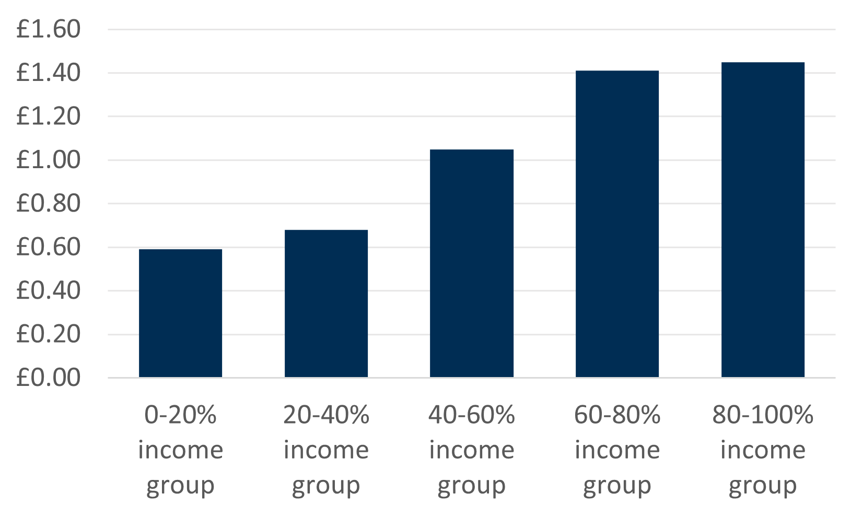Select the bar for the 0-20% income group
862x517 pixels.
point(180,313)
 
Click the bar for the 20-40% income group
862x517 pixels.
point(326,303)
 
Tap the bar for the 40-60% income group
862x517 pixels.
point(472,263)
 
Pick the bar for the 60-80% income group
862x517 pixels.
point(617,224)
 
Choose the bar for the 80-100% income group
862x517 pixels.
point(763,219)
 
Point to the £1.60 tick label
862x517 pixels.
point(49,29)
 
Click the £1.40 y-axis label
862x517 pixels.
point(49,73)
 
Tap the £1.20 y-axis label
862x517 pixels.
point(49,116)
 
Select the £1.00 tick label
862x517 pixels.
point(49,160)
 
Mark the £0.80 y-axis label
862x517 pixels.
point(49,203)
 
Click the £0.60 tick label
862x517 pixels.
point(49,247)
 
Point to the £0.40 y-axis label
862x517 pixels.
point(49,290)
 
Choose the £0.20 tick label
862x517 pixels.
point(49,334)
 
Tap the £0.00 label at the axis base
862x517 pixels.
point(49,378)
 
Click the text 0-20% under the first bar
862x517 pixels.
point(180,415)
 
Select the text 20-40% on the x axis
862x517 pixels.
point(326,415)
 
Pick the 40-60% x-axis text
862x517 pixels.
point(472,415)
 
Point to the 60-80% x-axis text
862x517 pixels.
point(617,415)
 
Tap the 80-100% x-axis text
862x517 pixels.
point(763,415)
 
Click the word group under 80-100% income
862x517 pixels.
point(763,486)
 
